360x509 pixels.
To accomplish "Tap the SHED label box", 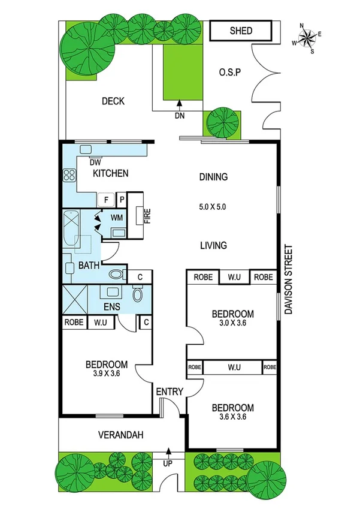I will (241, 31).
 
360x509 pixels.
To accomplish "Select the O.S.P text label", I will (229, 74).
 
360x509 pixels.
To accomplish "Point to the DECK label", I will (113, 101).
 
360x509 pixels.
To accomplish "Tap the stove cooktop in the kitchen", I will (68, 176).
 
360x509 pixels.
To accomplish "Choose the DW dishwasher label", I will (95, 162).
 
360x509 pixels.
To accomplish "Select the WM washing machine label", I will (117, 218).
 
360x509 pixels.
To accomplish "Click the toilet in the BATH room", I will (116, 275).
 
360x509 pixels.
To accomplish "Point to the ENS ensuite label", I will (111, 306).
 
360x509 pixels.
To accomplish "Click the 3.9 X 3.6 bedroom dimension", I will (106, 375).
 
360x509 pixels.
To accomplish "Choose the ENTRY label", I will (170, 391).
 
